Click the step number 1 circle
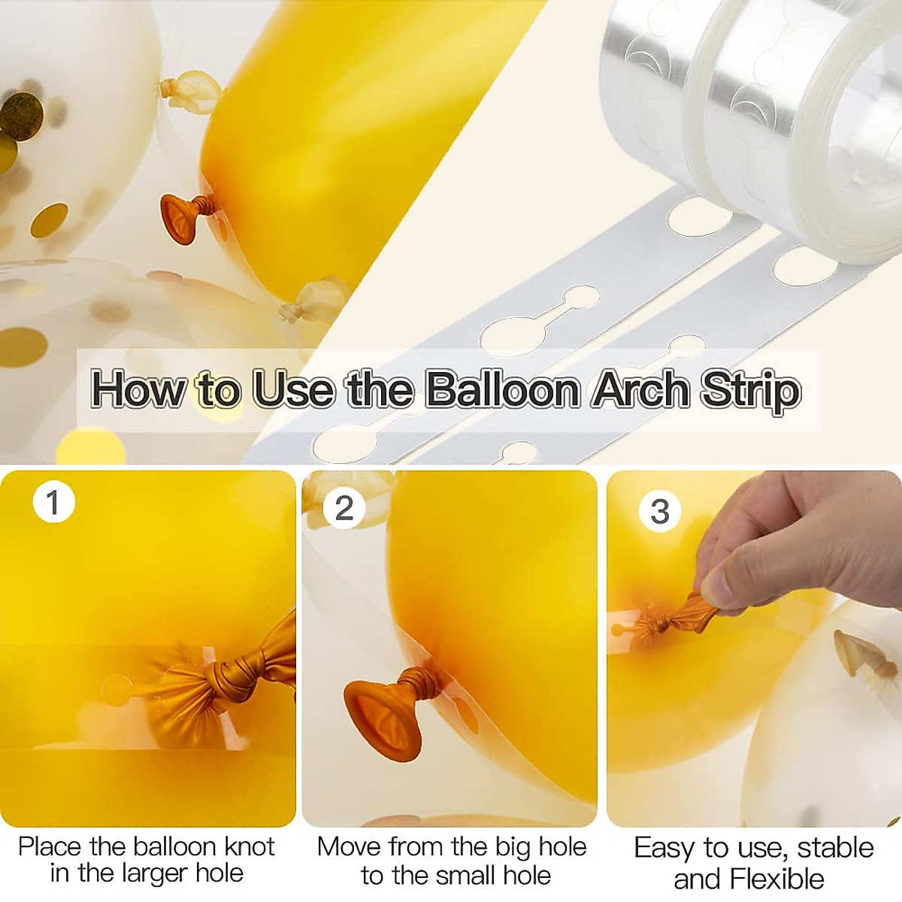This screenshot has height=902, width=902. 53,501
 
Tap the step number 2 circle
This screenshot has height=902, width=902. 344,509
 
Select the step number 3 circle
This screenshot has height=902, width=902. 659,511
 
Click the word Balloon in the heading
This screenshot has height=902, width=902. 503,389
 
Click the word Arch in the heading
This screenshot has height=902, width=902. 640,389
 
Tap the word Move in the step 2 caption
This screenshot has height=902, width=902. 350,846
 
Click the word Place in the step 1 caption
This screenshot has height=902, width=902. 50,846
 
